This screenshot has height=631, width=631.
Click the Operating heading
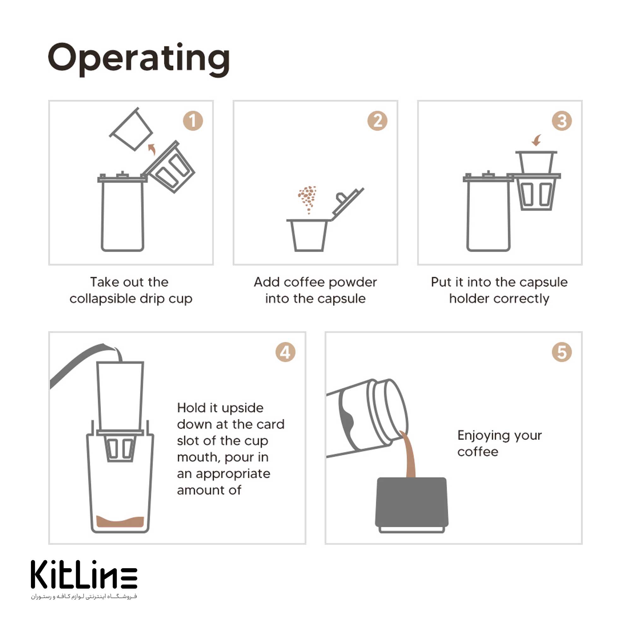click(x=139, y=59)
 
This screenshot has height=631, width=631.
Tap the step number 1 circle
click(x=193, y=121)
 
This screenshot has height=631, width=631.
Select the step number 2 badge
click(x=377, y=121)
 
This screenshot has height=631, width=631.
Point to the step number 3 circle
click(x=562, y=121)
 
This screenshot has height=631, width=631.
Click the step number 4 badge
click(x=285, y=352)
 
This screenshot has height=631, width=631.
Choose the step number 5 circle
click(x=562, y=352)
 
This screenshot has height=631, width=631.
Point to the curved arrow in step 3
click(x=537, y=140)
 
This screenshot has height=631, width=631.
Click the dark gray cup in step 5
click(x=411, y=505)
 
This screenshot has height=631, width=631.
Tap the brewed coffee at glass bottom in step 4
click(x=120, y=522)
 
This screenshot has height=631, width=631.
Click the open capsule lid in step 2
click(x=347, y=204)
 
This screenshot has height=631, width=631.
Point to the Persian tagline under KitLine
click(x=84, y=596)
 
